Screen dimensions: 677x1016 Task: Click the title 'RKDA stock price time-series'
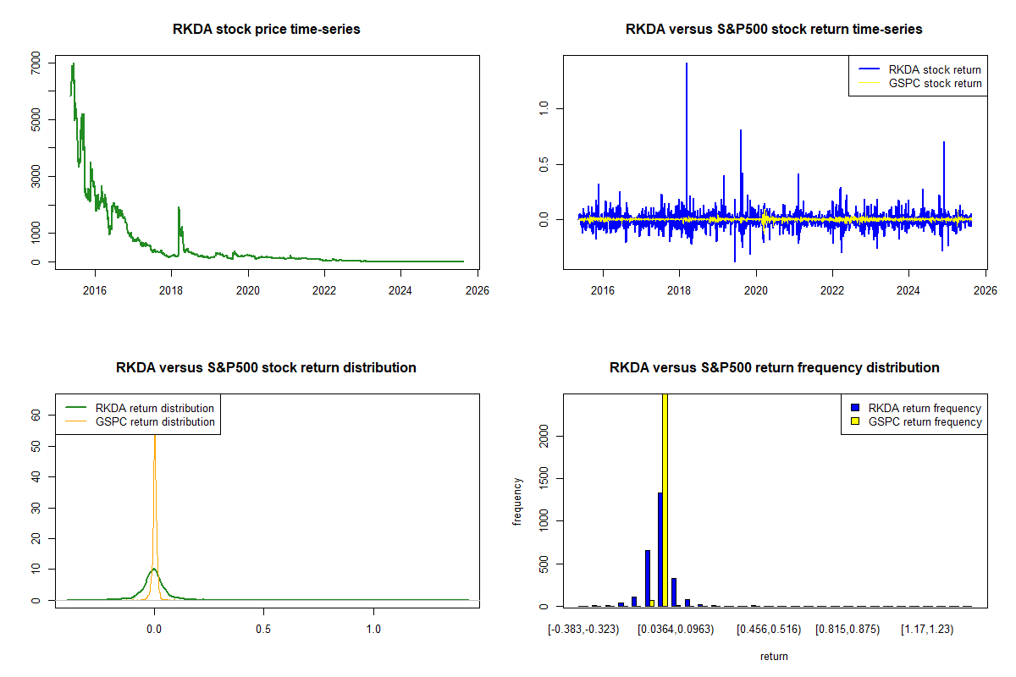(266, 30)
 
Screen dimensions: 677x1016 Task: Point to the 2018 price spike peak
(179, 207)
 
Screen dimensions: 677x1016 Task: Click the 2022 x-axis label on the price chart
(324, 290)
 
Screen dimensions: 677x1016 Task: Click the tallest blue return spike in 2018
(686, 64)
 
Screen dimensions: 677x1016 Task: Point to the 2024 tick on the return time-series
(908, 290)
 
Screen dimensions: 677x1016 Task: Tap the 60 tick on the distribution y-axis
(36, 416)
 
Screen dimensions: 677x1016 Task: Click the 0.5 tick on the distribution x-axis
(263, 630)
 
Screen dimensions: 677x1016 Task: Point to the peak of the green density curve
(153, 569)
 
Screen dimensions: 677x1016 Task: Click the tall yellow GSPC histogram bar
(665, 499)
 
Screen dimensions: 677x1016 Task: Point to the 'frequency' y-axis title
(517, 501)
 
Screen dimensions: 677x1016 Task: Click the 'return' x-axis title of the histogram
(774, 656)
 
